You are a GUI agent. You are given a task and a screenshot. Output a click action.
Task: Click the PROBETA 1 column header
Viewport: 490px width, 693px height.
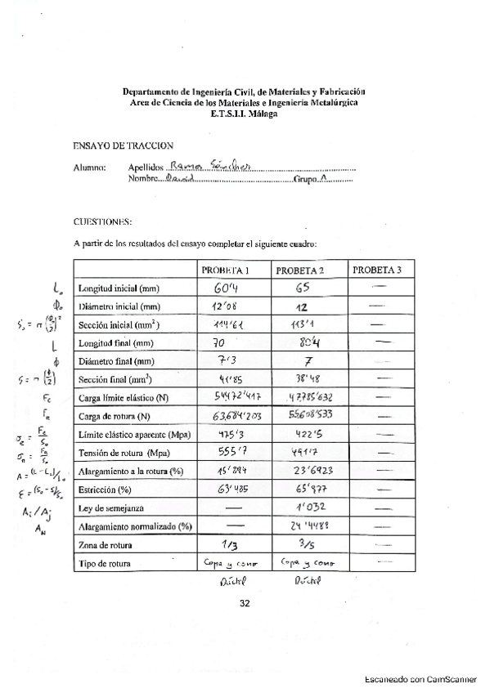225,270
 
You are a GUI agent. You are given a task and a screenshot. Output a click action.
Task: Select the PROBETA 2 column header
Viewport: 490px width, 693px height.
300,270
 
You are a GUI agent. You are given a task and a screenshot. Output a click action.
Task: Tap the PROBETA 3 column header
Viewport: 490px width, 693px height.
377,270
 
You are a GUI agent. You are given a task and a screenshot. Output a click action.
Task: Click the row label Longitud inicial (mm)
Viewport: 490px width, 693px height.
119,289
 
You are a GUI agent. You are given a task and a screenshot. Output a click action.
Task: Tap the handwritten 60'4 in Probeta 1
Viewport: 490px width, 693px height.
227,289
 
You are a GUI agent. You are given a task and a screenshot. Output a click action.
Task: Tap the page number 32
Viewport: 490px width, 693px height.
245,604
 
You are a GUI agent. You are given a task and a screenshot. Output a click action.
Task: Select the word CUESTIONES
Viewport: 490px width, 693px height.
102,221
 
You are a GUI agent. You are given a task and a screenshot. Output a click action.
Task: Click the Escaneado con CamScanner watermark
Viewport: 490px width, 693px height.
420,678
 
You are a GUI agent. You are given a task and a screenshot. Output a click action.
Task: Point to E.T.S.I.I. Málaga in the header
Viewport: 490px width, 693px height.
244,115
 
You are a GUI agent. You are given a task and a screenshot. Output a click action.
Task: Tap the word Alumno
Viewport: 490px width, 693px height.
89,168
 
